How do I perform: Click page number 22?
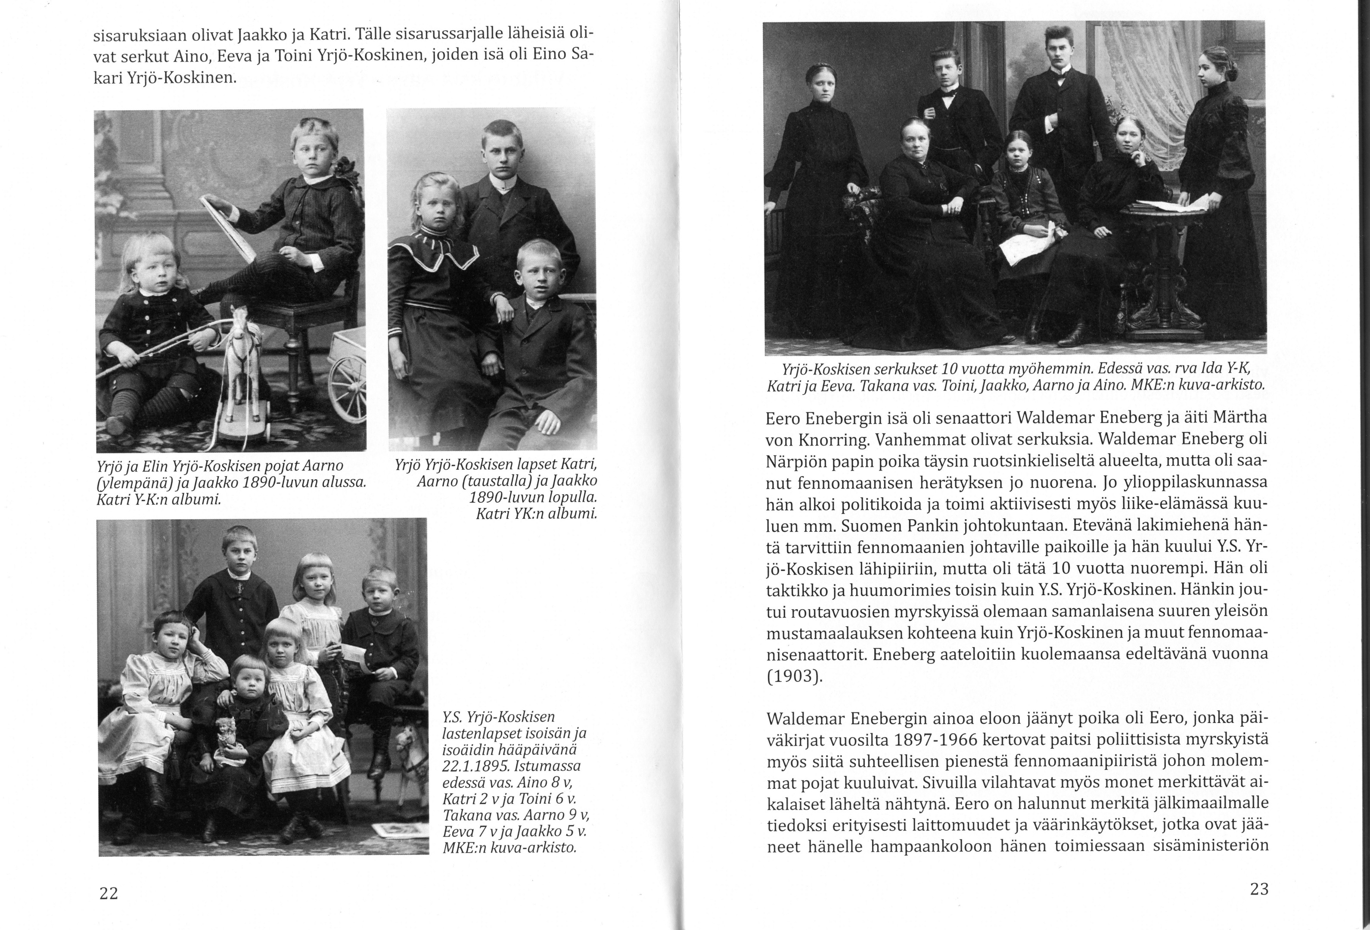(109, 893)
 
